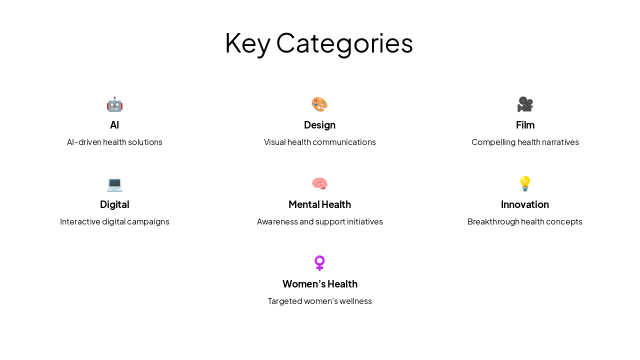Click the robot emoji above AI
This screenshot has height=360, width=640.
coord(114,104)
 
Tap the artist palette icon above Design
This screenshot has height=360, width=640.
coord(319,104)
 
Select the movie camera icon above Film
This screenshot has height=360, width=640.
coord(525,104)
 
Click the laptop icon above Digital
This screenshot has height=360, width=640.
coord(114,184)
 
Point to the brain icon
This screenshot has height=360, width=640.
coord(319,184)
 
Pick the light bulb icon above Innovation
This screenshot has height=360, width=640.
coord(525,183)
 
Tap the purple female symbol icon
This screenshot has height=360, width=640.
coord(319,263)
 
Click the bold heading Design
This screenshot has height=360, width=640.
coord(319,125)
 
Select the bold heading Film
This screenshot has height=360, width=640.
coord(525,125)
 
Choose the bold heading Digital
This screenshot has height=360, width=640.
coord(114,204)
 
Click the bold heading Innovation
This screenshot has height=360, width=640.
coord(525,204)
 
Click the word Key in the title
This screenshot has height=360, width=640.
coord(247,43)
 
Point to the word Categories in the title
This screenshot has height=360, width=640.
coord(344,43)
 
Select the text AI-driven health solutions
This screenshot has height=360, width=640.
coord(114,142)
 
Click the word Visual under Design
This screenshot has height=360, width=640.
coord(274,142)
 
